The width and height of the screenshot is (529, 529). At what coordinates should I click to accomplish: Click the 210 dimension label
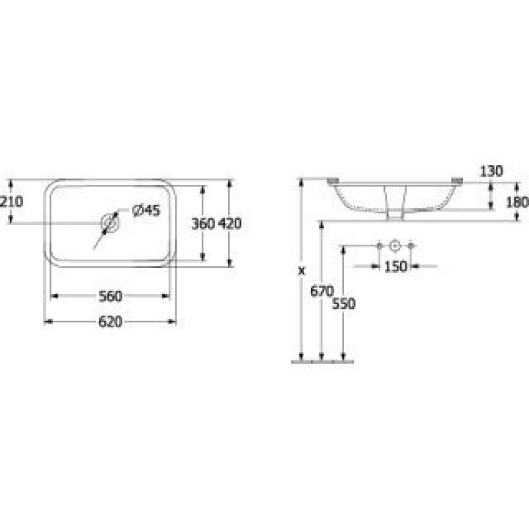(x=11, y=202)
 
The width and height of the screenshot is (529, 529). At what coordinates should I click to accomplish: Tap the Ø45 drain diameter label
(x=146, y=210)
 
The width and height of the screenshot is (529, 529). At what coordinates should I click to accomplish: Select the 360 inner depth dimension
(x=203, y=224)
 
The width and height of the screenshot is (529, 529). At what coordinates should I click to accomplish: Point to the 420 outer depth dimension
(x=229, y=224)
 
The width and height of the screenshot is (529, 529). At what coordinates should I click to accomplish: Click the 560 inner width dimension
(x=110, y=296)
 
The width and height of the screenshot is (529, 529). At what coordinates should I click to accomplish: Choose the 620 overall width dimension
(x=110, y=322)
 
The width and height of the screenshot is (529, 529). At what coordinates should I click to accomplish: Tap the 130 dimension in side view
(x=491, y=171)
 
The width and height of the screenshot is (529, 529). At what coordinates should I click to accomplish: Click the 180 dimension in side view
(x=518, y=202)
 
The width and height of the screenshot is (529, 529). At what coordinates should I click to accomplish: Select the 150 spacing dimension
(x=395, y=267)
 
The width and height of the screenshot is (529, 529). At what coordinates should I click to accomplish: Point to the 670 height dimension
(x=322, y=291)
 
